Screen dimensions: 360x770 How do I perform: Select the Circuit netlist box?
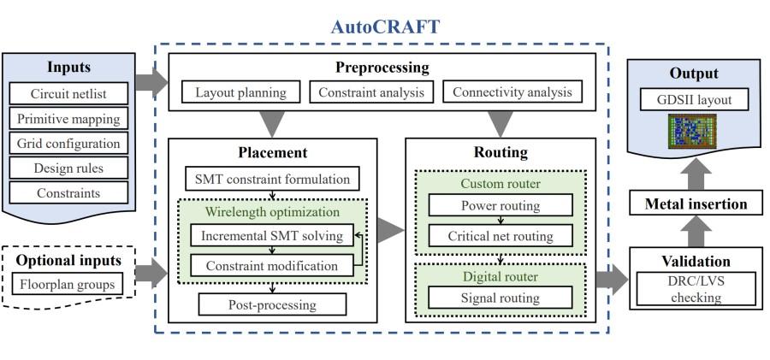coord(68,92)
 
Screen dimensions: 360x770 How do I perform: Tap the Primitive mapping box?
coord(68,117)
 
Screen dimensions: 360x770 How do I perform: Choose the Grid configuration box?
coord(68,142)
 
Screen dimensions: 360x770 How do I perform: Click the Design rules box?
coord(68,167)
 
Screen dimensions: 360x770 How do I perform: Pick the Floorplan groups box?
coord(68,282)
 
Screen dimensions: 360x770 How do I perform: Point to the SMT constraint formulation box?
coord(272,180)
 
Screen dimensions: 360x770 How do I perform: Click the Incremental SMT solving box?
coord(271,235)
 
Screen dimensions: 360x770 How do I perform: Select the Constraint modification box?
coord(271,265)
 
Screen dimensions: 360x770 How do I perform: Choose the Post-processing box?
coord(271,304)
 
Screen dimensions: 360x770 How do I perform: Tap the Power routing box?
coord(500,205)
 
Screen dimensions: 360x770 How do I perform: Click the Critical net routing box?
coord(500,236)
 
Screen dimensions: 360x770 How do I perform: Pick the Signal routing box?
coord(500,298)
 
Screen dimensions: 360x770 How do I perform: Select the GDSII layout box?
coord(693,101)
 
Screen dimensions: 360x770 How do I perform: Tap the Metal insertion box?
coord(693,204)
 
